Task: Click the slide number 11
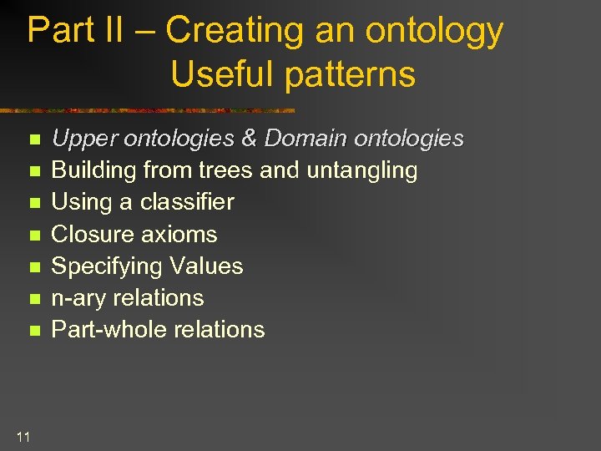pos(23,436)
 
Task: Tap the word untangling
pos(362,171)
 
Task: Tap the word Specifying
pos(109,266)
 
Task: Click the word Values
pos(208,266)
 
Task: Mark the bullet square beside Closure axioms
pos(33,236)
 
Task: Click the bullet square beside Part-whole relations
pos(33,331)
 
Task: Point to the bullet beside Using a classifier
pos(33,203)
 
